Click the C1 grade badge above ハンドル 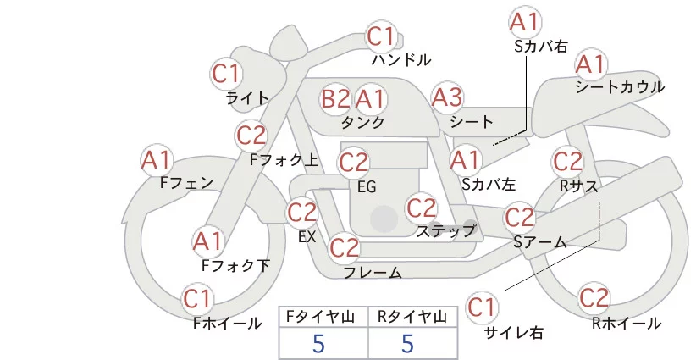tap(383, 37)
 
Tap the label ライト tap(247, 98)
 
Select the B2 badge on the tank tap(335, 99)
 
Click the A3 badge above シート tap(447, 97)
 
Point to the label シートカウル tap(619, 87)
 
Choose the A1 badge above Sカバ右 tap(525, 22)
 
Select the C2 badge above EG tap(354, 161)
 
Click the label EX tap(307, 237)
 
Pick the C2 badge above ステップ tap(422, 207)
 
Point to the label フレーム tap(373, 272)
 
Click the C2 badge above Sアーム tap(520, 218)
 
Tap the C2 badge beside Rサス tap(567, 160)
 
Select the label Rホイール tap(626, 323)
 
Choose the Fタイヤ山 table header tap(323, 317)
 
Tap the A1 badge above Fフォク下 tap(208, 241)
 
